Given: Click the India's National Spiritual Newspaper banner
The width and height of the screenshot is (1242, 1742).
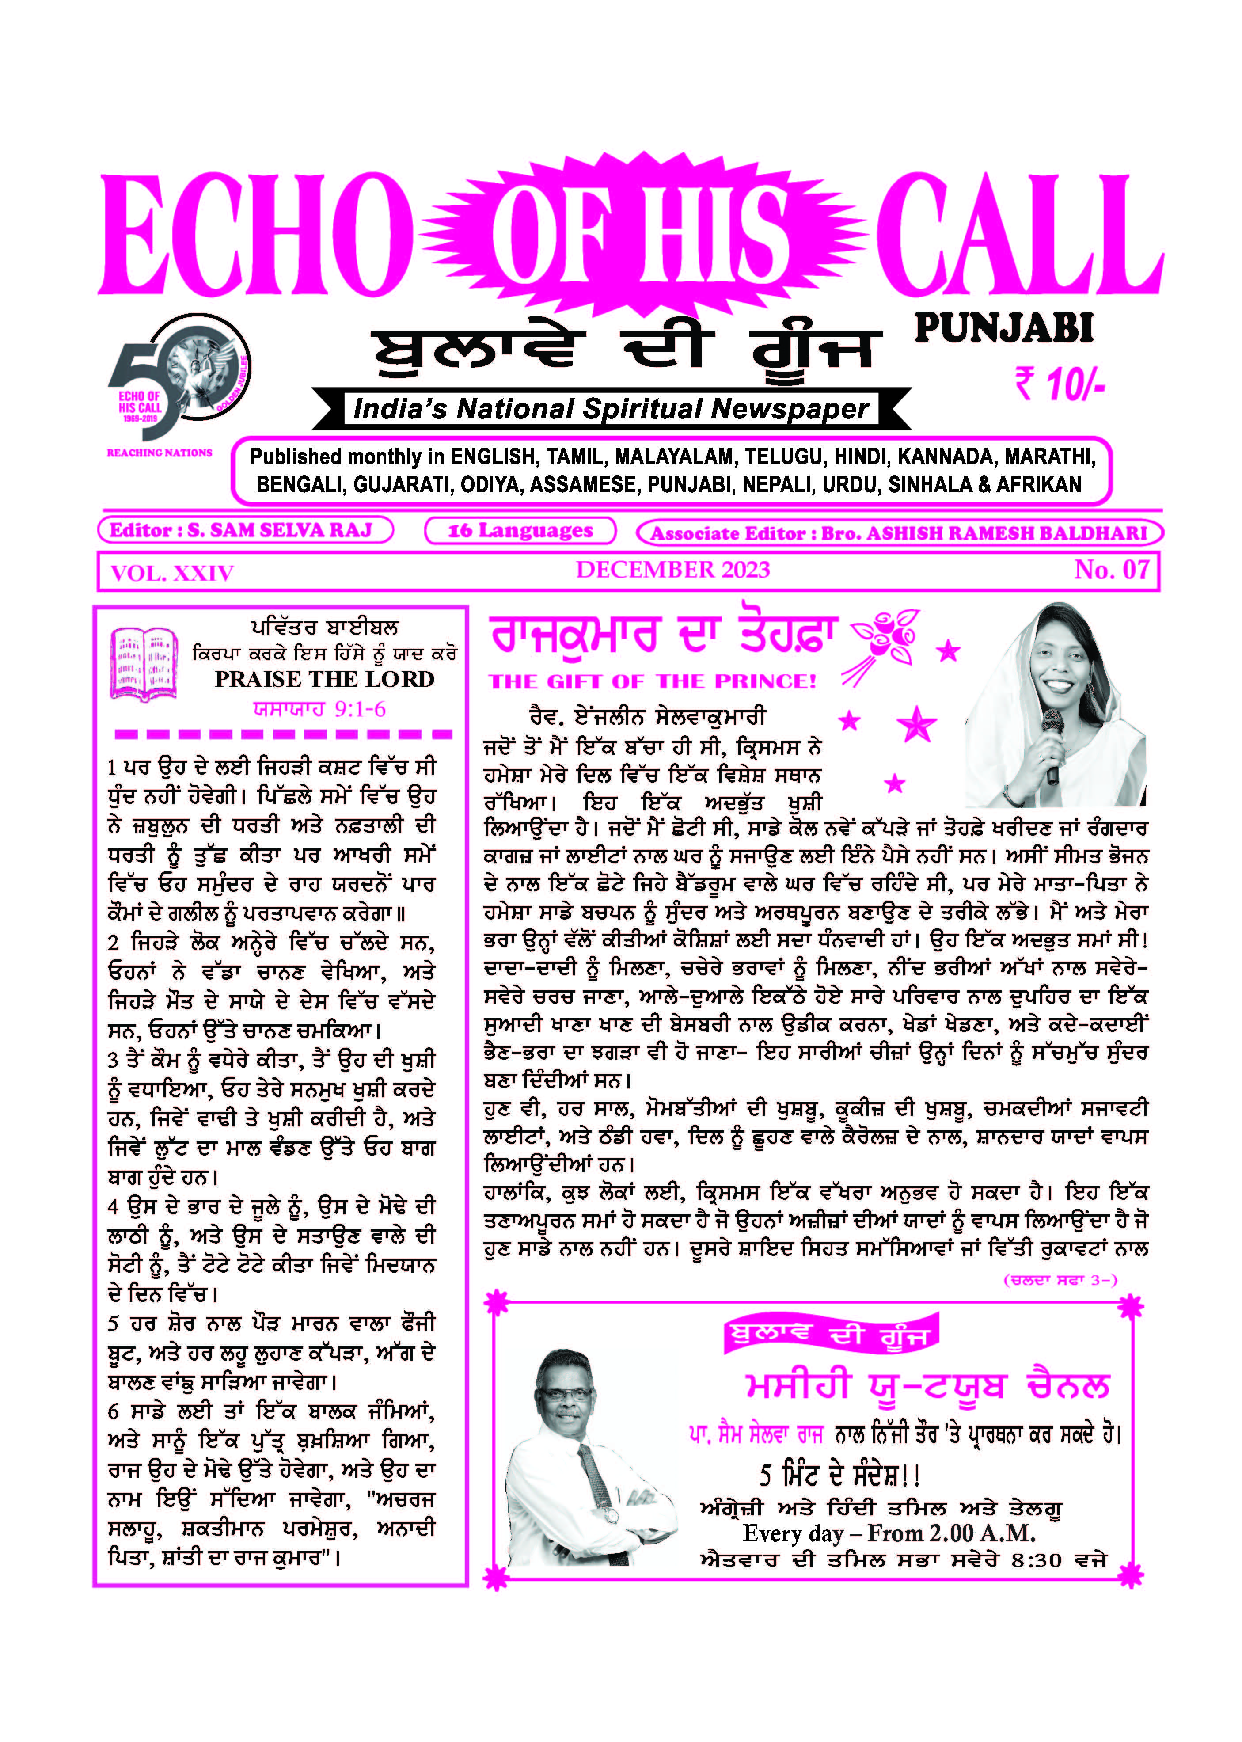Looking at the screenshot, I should click(x=610, y=409).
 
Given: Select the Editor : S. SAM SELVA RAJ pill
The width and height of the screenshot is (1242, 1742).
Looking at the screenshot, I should click(x=245, y=530).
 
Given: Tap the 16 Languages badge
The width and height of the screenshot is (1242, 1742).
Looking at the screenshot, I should click(x=520, y=530).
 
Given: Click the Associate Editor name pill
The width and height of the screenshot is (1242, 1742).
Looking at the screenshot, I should click(x=899, y=533).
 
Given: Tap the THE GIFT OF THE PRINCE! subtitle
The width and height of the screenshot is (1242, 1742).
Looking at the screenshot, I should click(x=652, y=681).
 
